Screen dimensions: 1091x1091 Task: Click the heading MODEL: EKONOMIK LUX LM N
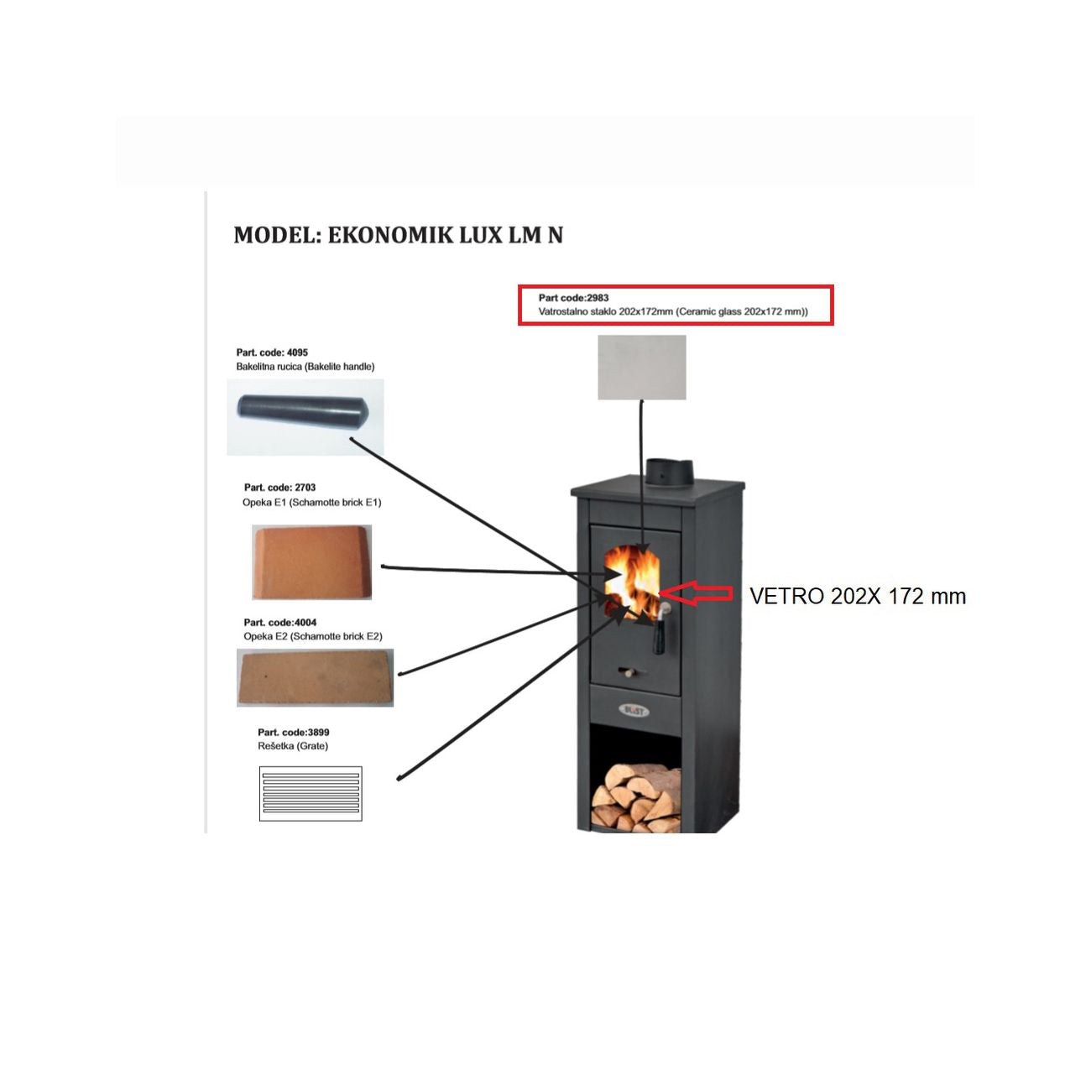pos(398,234)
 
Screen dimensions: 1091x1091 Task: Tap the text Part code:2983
pos(573,298)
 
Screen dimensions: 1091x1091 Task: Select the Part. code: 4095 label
pos(272,352)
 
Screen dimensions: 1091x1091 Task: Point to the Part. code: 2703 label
pos(279,488)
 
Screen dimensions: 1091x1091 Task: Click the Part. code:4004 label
pos(279,622)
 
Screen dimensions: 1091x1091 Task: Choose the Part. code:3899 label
pos(293,732)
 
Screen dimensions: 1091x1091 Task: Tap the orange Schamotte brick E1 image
pos(311,561)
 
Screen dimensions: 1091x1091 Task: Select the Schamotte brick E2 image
pos(315,678)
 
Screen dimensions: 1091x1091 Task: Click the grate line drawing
pos(311,793)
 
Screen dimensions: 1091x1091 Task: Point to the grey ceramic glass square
pos(642,367)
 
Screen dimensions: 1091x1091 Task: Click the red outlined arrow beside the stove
pos(696,592)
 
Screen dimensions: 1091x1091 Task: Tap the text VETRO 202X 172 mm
pos(857,596)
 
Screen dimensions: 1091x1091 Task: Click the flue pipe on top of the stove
pos(669,473)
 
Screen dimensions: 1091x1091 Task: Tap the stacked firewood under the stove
pos(635,798)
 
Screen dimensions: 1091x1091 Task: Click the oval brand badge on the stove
pos(634,710)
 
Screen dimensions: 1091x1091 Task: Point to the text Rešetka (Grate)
pos(293,746)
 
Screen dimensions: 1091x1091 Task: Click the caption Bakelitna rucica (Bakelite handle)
pos(305,367)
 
